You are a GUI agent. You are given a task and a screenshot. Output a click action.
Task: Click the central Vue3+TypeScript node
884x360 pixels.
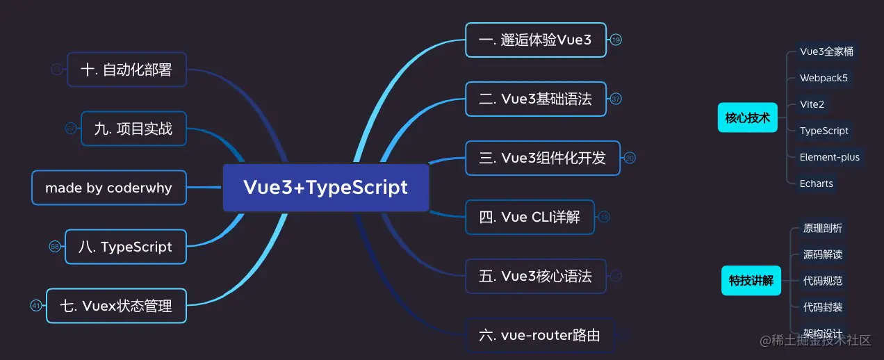click(x=325, y=188)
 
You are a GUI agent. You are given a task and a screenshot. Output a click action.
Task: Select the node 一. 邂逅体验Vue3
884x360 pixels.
click(x=535, y=40)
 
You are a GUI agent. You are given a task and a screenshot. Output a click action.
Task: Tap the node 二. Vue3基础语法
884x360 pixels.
click(x=535, y=99)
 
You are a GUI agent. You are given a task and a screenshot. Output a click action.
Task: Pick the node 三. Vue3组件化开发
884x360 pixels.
click(x=542, y=158)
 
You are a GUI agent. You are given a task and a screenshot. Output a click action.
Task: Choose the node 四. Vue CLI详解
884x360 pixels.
click(x=530, y=218)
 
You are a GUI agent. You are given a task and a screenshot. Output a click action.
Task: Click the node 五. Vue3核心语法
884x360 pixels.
click(x=535, y=277)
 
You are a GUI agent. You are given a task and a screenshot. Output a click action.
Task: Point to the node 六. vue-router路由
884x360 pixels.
click(x=539, y=336)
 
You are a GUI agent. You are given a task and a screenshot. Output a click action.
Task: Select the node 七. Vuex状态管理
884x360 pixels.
click(x=116, y=306)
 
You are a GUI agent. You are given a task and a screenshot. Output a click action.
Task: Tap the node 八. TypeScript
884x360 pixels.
click(x=126, y=247)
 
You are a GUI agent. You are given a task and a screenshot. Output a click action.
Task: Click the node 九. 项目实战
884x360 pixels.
click(x=133, y=129)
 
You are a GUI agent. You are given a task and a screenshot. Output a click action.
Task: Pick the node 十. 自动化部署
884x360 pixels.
click(x=126, y=69)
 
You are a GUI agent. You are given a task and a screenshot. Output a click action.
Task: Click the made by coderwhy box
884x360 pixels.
click(x=109, y=188)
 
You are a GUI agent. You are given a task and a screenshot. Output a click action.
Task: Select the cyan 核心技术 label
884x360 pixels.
click(x=747, y=118)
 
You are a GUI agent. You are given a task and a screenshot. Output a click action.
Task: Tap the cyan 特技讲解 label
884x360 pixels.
click(x=751, y=281)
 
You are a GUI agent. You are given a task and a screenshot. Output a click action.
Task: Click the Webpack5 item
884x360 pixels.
click(x=824, y=78)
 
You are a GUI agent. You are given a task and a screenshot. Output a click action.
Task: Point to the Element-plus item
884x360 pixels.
click(x=829, y=157)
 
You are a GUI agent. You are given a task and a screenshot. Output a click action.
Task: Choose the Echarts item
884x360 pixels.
click(x=816, y=183)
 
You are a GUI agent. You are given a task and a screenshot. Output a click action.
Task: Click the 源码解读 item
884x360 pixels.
click(x=823, y=254)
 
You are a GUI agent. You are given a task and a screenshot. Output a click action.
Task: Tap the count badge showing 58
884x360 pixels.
click(x=55, y=247)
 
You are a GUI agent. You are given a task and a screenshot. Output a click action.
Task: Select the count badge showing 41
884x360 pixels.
click(x=36, y=306)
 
